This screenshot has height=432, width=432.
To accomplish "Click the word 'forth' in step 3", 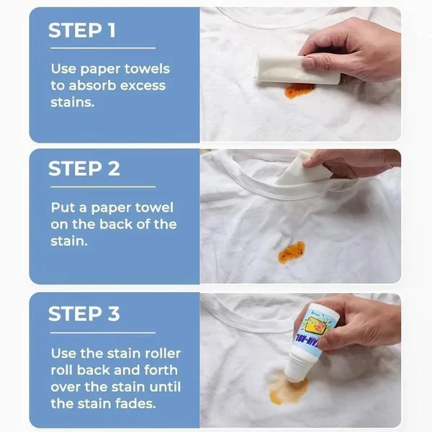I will coord(154,370).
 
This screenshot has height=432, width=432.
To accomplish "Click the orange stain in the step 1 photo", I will coord(298,89).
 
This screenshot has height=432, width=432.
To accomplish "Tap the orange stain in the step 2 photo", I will coord(290,251).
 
